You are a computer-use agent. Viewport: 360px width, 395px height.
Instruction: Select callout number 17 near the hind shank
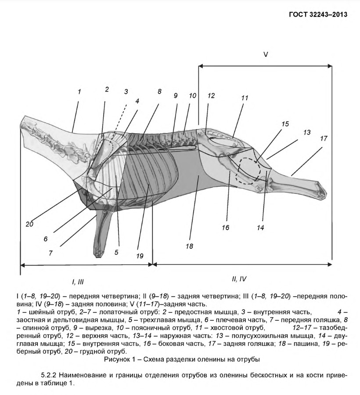[324, 138]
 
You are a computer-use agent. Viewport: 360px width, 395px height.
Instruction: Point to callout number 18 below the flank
[189, 246]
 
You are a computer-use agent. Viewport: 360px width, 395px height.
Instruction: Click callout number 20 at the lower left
[29, 224]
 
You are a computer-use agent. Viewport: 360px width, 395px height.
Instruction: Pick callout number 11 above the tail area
[245, 98]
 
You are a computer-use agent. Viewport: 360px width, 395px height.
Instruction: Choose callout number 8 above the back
[159, 91]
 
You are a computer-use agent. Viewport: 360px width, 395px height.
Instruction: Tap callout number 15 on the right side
[285, 124]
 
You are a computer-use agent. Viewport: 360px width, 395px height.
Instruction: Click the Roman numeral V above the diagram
[265, 54]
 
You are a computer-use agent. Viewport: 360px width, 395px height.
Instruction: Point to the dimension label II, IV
[240, 279]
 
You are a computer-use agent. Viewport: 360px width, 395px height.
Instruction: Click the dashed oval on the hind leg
[248, 170]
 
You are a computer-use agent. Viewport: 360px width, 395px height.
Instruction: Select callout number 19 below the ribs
[140, 254]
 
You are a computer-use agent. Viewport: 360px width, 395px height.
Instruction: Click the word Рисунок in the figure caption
[117, 359]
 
